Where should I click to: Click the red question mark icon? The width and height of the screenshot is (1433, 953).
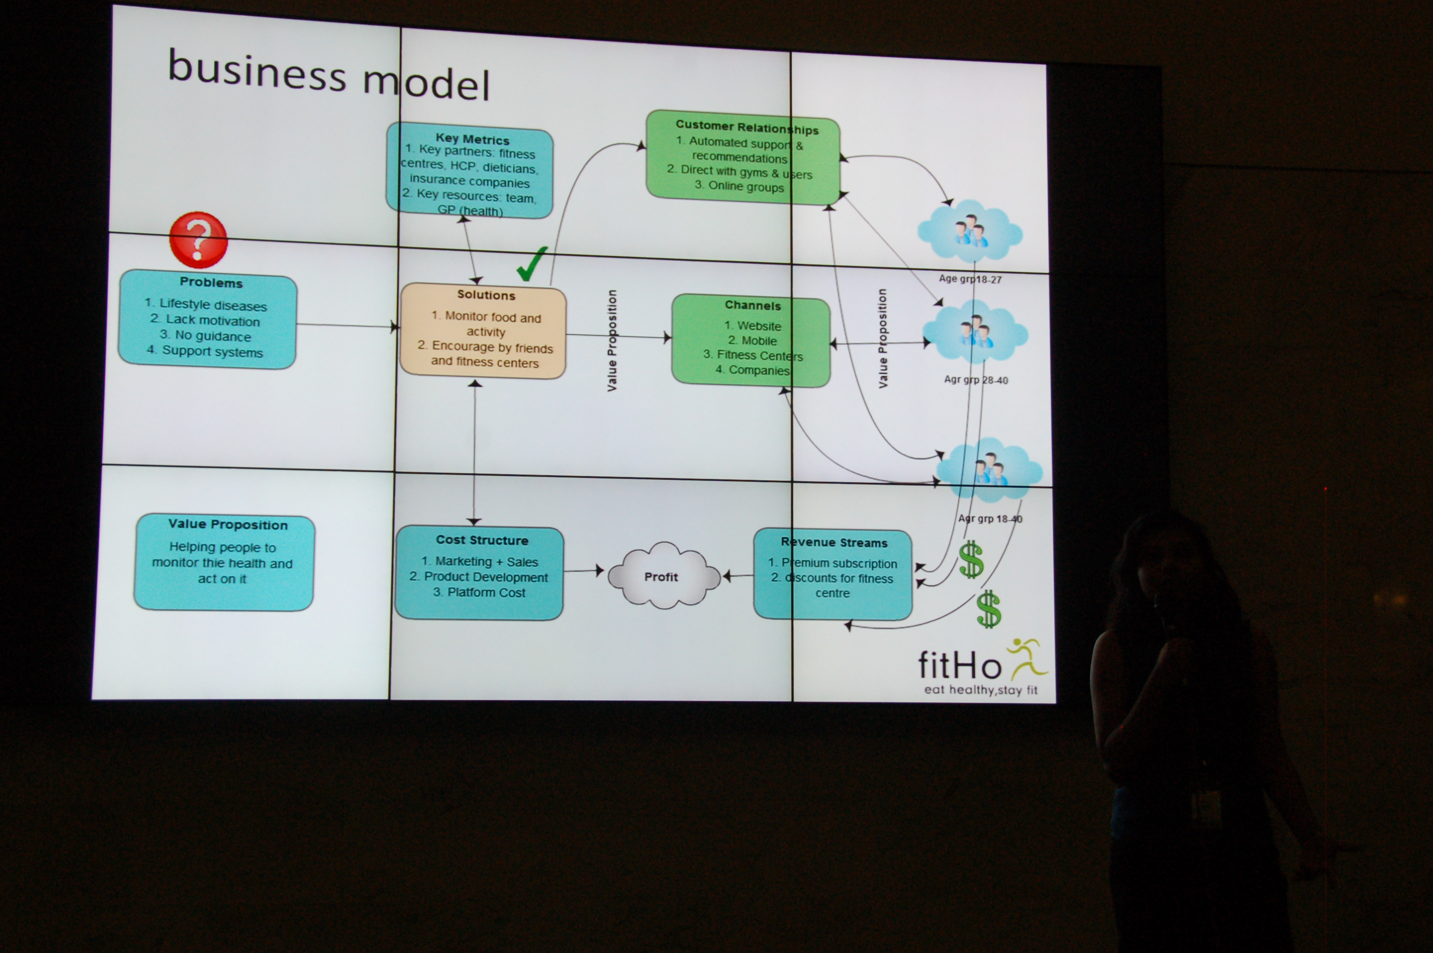point(198,240)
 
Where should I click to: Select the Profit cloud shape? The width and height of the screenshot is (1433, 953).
point(662,576)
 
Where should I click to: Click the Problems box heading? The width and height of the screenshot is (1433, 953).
point(211,283)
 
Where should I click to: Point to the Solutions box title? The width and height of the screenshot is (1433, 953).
point(486,295)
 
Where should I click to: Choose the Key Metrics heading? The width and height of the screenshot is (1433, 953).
point(472,139)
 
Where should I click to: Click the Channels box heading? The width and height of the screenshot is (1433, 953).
point(752,306)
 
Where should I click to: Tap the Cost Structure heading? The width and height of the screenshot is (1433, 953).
point(482,540)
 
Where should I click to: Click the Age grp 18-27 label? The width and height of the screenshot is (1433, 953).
point(969,279)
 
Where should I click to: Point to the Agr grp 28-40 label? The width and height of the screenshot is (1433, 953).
point(976,380)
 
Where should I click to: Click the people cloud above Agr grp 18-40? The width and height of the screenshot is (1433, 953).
point(989,469)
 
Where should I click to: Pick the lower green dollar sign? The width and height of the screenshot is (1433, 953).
point(989,609)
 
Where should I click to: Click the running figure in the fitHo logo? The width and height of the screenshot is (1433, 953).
point(1026,659)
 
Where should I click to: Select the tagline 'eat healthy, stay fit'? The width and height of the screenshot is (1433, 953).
point(980,690)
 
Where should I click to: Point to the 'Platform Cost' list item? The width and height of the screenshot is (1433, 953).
point(485,593)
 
